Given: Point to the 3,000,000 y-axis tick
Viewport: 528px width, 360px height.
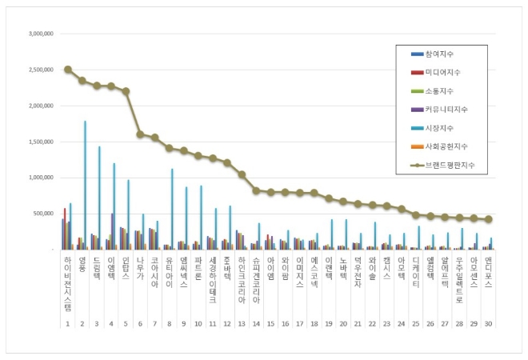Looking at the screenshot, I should pyautogui.click(x=40, y=34).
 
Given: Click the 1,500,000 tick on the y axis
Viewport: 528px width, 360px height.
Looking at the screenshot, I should pyautogui.click(x=40, y=142).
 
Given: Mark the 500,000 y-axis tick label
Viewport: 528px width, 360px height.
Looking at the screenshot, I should pyautogui.click(x=43, y=214).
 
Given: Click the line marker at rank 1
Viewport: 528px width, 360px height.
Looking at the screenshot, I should pyautogui.click(x=67, y=70).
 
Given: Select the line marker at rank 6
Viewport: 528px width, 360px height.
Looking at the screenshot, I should pyautogui.click(x=140, y=134).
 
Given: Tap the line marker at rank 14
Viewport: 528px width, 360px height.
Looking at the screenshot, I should pyautogui.click(x=256, y=190).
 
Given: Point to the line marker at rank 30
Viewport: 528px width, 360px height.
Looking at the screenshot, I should pyautogui.click(x=488, y=219).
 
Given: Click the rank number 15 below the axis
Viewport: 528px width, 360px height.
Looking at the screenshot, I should pyautogui.click(x=270, y=324).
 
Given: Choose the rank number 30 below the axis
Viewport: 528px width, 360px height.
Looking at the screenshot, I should pyautogui.click(x=488, y=324).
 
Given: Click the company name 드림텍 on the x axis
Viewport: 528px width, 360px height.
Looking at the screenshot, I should pyautogui.click(x=96, y=269).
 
